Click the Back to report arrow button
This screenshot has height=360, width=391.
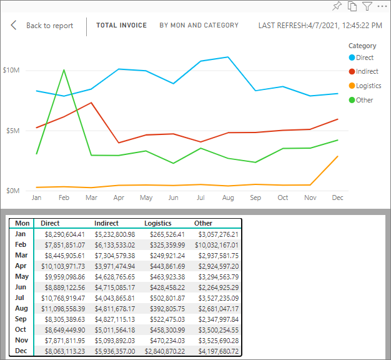point(14,26)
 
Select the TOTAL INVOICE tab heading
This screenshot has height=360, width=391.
point(121,26)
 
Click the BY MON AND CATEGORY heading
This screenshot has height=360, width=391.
point(199,26)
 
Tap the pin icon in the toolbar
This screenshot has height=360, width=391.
point(337,6)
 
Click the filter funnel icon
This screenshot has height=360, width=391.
point(367,6)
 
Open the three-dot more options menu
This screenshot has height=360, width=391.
point(382,6)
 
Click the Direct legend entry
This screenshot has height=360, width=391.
point(364,57)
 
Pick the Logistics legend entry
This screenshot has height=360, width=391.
point(368,86)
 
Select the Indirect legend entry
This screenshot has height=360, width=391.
point(367,71)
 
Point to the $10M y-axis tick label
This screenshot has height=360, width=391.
point(11,70)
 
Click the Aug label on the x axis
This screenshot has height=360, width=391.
point(228,197)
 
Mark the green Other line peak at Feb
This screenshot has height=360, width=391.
point(64,69)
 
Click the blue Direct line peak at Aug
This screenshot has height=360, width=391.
point(229,57)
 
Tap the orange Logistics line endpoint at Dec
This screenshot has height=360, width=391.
point(338,156)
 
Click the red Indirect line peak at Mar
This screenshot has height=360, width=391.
point(91,102)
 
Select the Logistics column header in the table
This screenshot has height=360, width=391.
point(157,223)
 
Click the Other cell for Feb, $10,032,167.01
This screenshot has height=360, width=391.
point(216,244)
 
